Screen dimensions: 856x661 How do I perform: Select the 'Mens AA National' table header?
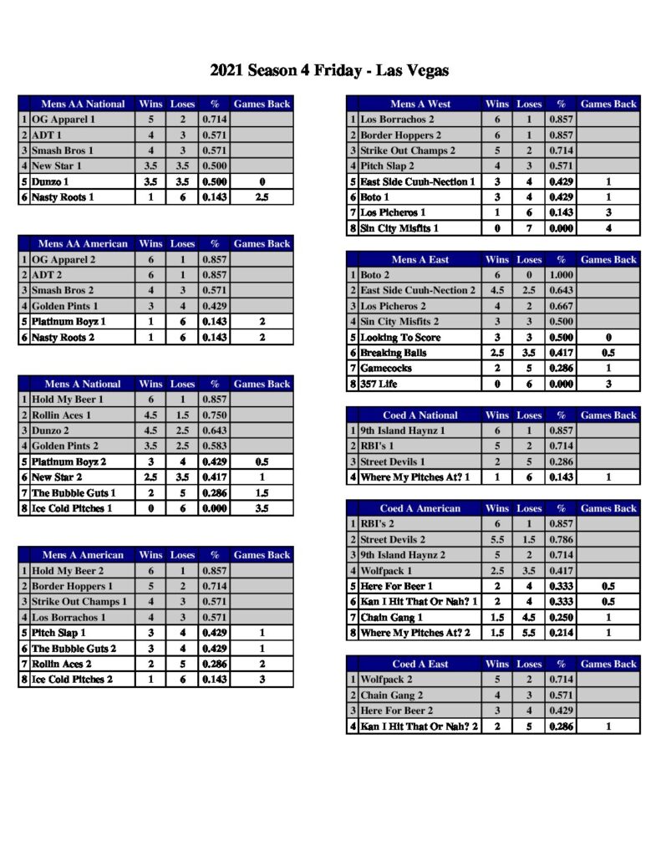pyautogui.click(x=83, y=104)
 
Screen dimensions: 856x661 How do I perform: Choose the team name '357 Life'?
pyautogui.click(x=378, y=384)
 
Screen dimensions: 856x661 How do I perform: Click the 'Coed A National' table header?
pyautogui.click(x=420, y=415)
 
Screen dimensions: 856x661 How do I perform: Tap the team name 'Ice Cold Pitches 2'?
pyautogui.click(x=72, y=680)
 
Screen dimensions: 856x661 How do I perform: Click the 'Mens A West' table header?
pyautogui.click(x=420, y=104)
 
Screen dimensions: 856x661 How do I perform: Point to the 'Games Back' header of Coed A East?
pyautogui.click(x=608, y=665)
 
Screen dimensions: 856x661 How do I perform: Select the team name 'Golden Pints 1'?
pyautogui.click(x=64, y=306)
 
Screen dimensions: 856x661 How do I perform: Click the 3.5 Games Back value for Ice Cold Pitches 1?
pyautogui.click(x=262, y=508)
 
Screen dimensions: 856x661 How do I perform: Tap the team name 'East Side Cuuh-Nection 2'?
pyautogui.click(x=418, y=291)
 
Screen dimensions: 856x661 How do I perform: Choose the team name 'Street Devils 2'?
pyautogui.click(x=393, y=540)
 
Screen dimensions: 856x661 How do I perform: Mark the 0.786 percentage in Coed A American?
pyautogui.click(x=561, y=540)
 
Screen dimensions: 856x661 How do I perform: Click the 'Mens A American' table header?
pyautogui.click(x=83, y=555)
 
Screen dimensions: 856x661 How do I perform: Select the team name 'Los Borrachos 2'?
pyautogui.click(x=397, y=120)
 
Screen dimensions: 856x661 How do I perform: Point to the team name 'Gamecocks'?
pyautogui.click(x=387, y=368)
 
